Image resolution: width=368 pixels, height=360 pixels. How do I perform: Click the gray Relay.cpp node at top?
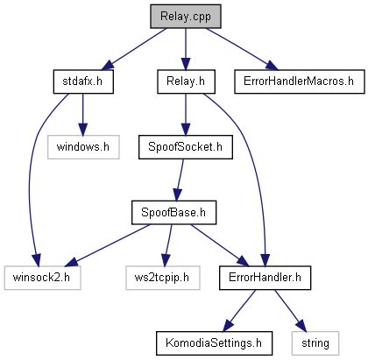click(183, 16)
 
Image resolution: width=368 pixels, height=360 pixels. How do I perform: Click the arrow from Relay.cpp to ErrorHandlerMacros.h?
click(240, 47)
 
